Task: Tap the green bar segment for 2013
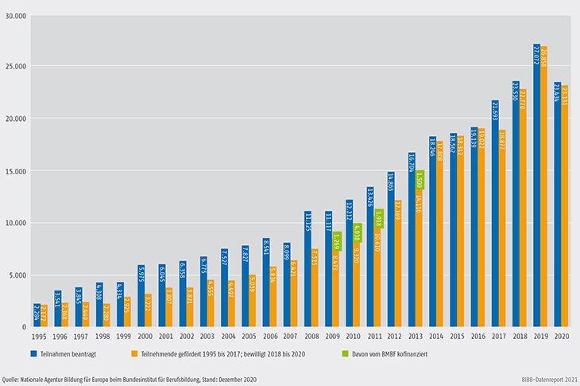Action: coord(420,179)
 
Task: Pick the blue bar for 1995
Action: coord(37,315)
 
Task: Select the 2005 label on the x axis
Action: coord(249,337)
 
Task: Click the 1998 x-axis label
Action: coord(103,337)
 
